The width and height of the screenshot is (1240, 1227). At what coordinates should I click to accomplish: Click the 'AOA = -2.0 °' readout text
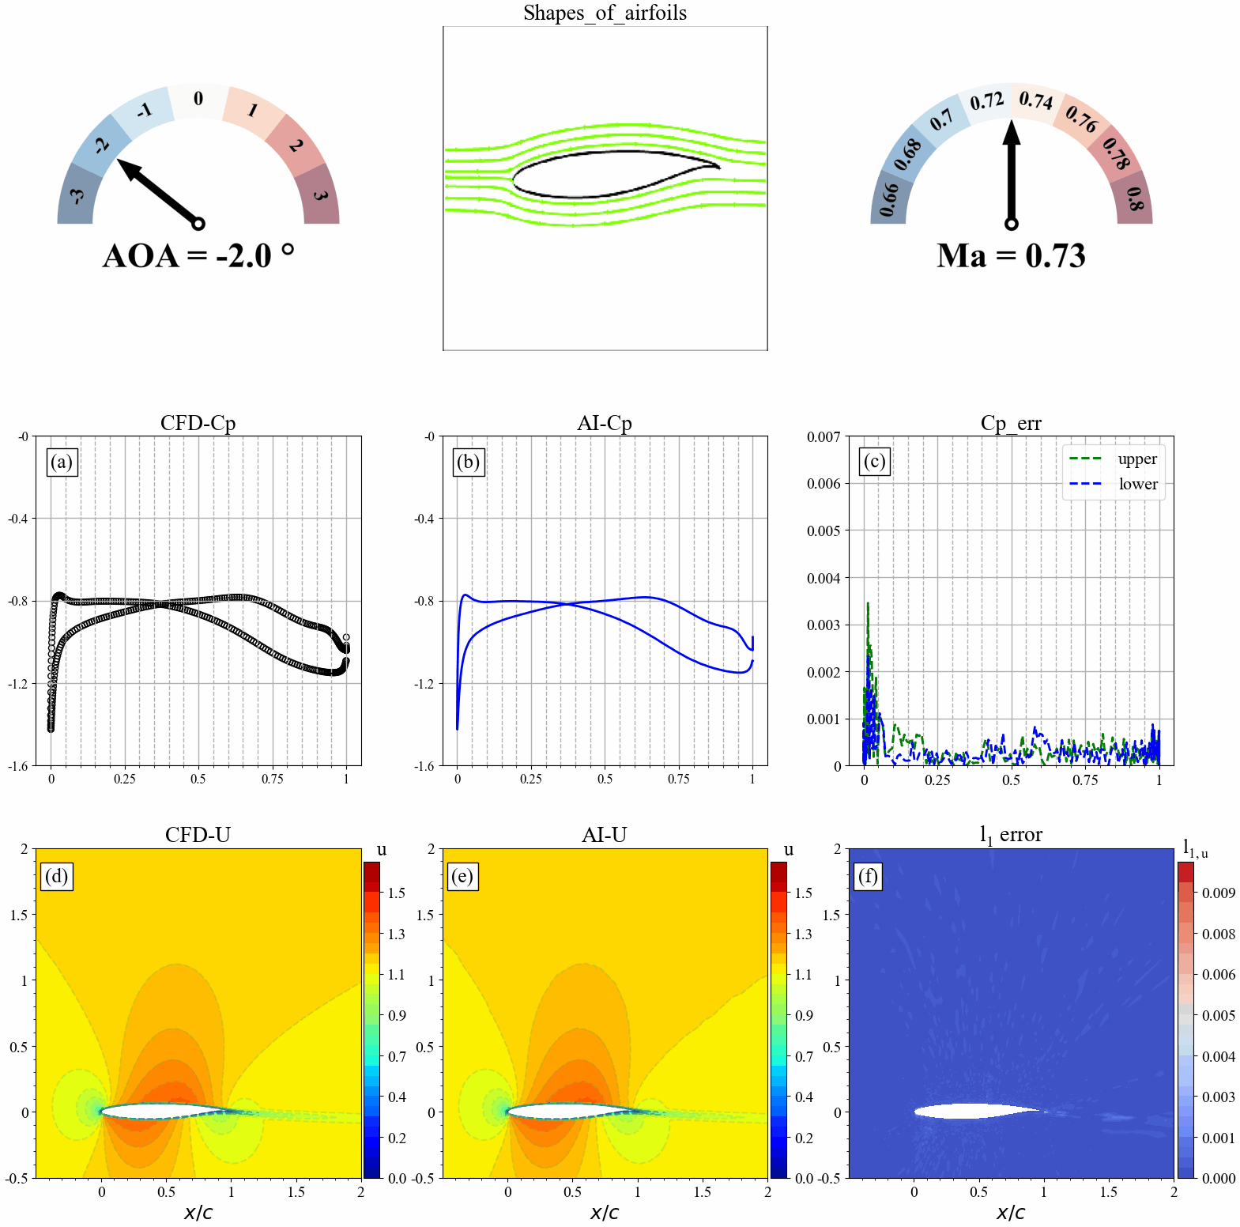[198, 256]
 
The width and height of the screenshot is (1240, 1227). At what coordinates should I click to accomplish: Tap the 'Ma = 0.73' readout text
[1011, 256]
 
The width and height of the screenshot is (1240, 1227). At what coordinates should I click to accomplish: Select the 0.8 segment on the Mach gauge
[1134, 198]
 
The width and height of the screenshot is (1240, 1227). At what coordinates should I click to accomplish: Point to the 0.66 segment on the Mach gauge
[889, 198]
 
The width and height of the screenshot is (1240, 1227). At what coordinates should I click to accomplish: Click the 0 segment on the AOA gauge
[198, 100]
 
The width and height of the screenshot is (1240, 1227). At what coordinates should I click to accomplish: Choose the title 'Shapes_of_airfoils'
[605, 13]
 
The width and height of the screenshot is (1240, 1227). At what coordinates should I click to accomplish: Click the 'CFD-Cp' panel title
[198, 423]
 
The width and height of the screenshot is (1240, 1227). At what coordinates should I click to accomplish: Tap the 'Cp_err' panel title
[1011, 423]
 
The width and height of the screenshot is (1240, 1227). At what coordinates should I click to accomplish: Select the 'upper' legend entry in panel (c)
[1136, 459]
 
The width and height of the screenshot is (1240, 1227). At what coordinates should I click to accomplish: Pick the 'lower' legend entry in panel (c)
[1137, 484]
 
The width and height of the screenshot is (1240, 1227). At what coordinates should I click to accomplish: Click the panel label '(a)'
[62, 462]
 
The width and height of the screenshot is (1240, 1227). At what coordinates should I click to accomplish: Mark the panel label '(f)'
[868, 876]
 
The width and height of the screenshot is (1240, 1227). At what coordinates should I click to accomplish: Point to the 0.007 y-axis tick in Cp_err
[824, 436]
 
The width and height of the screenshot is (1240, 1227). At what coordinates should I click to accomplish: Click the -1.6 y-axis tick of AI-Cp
[425, 766]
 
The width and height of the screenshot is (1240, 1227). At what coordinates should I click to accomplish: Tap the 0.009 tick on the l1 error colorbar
[1218, 893]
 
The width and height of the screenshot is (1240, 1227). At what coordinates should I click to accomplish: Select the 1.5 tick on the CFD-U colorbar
[396, 893]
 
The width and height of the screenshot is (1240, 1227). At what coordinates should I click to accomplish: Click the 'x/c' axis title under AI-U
[605, 1213]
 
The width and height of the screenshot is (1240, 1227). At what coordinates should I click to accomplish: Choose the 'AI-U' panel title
[605, 835]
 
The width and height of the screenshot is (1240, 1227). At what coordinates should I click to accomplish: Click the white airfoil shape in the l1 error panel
[976, 1111]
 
